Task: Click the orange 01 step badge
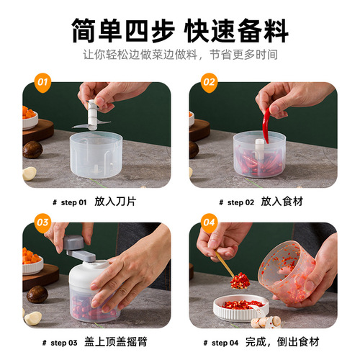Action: pos(41,83)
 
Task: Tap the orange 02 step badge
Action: pos(209,83)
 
